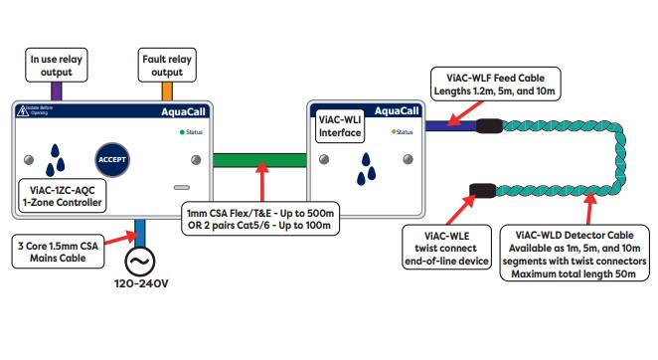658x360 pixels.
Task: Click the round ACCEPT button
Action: coord(113,160)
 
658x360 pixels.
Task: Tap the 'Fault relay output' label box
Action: coord(166,65)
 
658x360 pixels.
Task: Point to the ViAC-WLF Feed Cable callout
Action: coord(495,83)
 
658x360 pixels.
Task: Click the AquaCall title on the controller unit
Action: coord(185,112)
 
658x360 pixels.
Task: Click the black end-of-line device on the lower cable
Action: coord(483,190)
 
